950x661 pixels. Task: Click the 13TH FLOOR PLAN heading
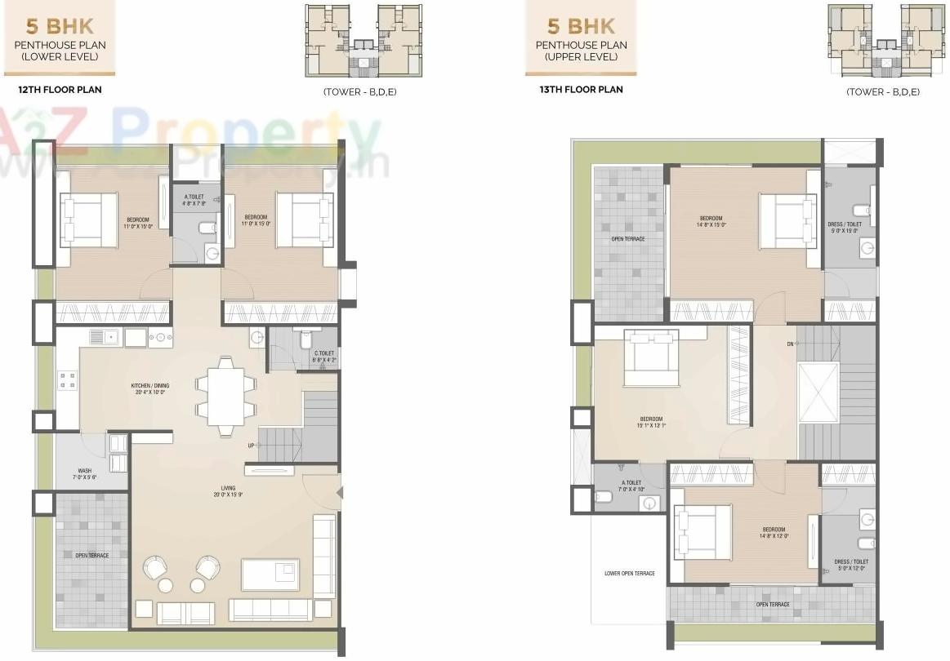580,90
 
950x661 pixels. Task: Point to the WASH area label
85,474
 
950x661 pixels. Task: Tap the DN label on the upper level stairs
790,344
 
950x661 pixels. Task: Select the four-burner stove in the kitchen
67,379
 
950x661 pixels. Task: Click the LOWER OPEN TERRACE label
629,574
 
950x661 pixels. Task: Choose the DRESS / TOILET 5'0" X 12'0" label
851,565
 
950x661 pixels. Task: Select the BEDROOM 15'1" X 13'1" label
651,422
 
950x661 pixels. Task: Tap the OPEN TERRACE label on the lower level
91,555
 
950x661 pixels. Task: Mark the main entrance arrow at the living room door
339,492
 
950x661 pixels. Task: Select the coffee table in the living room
270,574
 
